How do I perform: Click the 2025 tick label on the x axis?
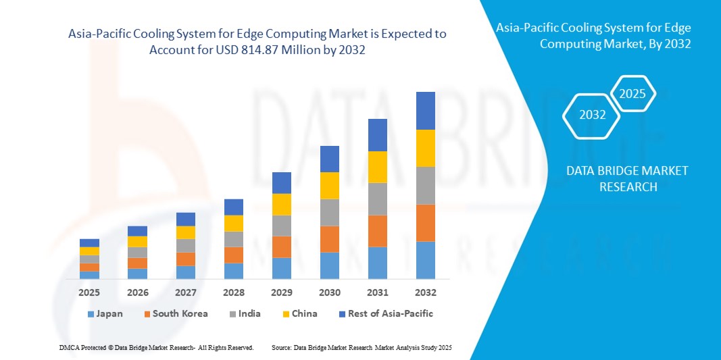pos(89,292)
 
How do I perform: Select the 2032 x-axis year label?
pos(426,292)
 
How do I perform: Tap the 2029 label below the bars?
pos(282,292)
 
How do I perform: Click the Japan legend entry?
pos(105,313)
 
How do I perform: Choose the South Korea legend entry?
pos(174,313)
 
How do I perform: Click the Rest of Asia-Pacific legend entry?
pos(385,313)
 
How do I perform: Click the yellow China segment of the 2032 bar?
pos(426,148)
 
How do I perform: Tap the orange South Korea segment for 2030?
pos(330,239)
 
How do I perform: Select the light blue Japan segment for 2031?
pos(378,263)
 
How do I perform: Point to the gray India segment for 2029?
pos(282,226)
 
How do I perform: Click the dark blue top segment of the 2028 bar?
pos(234,207)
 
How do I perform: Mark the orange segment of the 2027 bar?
pos(186,259)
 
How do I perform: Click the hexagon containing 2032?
pos(593,115)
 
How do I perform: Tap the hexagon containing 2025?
pos(632,94)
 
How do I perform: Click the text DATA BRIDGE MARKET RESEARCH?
pos(628,178)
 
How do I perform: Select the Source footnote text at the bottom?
pos(361,347)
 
